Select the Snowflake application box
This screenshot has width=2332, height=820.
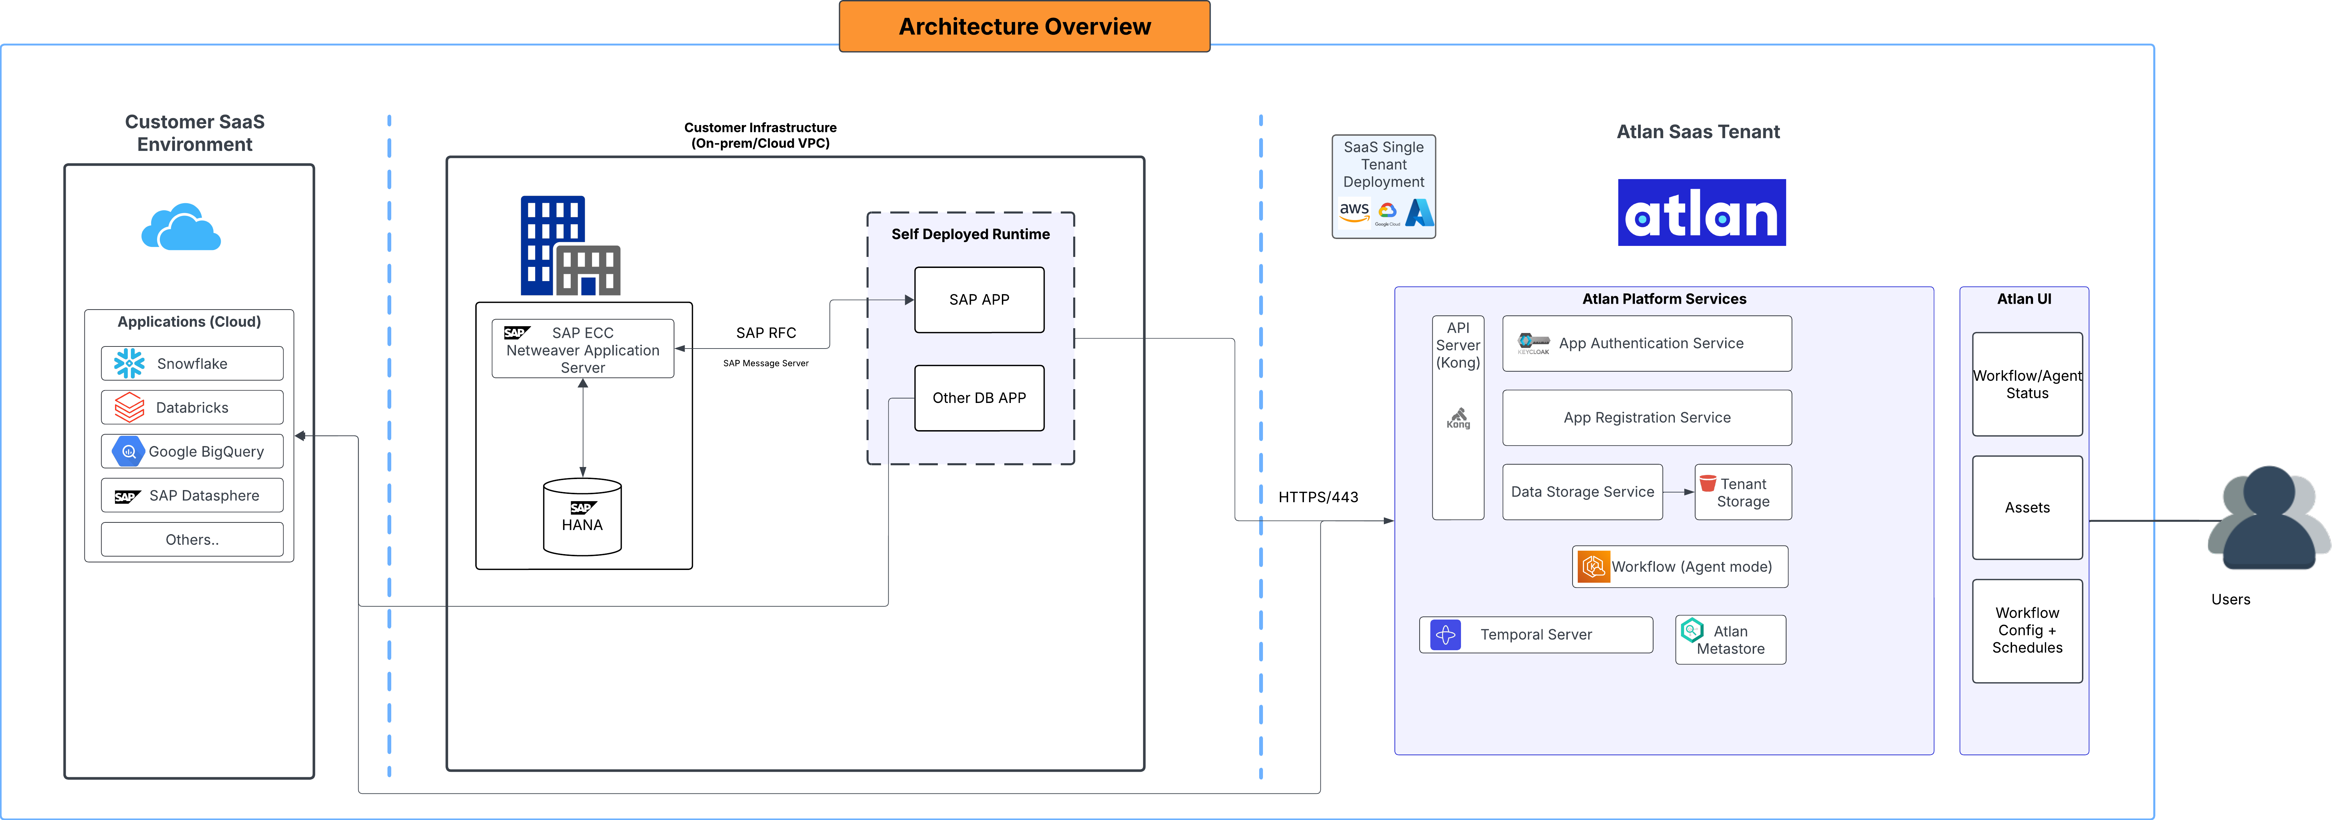click(x=192, y=363)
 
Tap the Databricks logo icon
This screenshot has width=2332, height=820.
click(x=129, y=407)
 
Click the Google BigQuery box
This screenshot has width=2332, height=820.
click(x=192, y=451)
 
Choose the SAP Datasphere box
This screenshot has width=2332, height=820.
click(x=192, y=495)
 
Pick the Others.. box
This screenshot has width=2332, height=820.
click(x=192, y=539)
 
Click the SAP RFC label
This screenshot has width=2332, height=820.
click(x=766, y=333)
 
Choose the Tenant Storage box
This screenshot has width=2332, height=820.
click(x=1743, y=492)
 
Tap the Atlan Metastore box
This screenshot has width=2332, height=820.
click(x=1730, y=640)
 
